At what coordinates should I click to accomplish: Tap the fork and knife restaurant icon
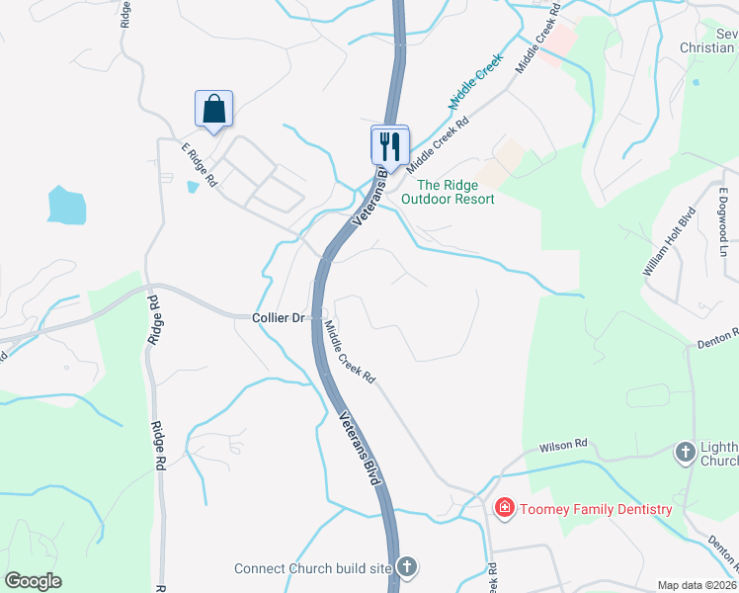(x=389, y=145)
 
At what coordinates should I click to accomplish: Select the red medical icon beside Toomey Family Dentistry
(x=504, y=508)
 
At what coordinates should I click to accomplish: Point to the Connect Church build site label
(x=312, y=568)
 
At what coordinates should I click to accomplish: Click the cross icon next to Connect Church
(x=406, y=567)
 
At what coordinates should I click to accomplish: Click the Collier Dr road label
(x=278, y=317)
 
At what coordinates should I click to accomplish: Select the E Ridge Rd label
(x=200, y=162)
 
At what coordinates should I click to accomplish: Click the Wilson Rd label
(x=563, y=446)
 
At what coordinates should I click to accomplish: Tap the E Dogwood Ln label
(x=724, y=217)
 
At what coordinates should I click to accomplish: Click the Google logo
(x=33, y=581)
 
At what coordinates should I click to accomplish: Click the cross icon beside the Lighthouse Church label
(x=684, y=453)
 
